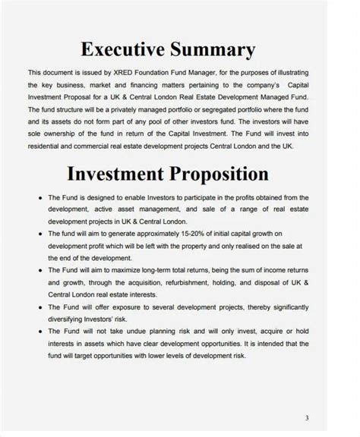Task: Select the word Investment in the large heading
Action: click(x=114, y=173)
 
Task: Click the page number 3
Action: click(x=307, y=417)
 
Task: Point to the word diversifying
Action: click(x=71, y=318)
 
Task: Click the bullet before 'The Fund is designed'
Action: click(x=39, y=196)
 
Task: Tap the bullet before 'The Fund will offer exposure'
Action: click(x=39, y=307)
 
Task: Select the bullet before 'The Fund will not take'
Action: click(x=39, y=331)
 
